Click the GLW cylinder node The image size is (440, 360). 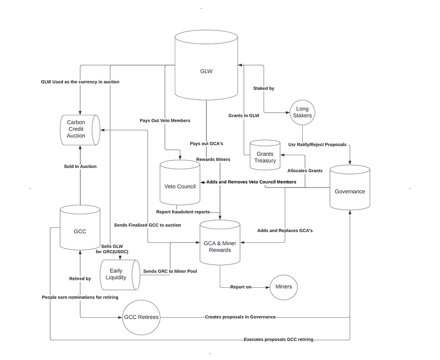pos(206,71)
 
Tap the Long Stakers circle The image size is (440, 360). pos(302,112)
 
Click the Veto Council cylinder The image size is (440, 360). pos(180,186)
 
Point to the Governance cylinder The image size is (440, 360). pos(350,191)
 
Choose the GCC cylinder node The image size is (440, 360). pos(80,231)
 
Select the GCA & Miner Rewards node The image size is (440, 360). pos(220,247)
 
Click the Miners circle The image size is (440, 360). pos(283,287)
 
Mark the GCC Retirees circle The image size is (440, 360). pos(142,317)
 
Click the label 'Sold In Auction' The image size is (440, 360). pos(80,166)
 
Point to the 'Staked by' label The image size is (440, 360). pos(264,88)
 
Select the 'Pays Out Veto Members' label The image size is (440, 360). pos(165,120)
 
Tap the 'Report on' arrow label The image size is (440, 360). pos(241,287)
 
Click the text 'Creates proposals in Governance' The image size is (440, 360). pos(240,317)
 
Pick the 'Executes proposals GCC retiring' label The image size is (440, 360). pos(278,339)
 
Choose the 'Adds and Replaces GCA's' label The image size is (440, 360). pos(285,231)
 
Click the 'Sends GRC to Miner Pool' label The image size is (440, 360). pos(170,271)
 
